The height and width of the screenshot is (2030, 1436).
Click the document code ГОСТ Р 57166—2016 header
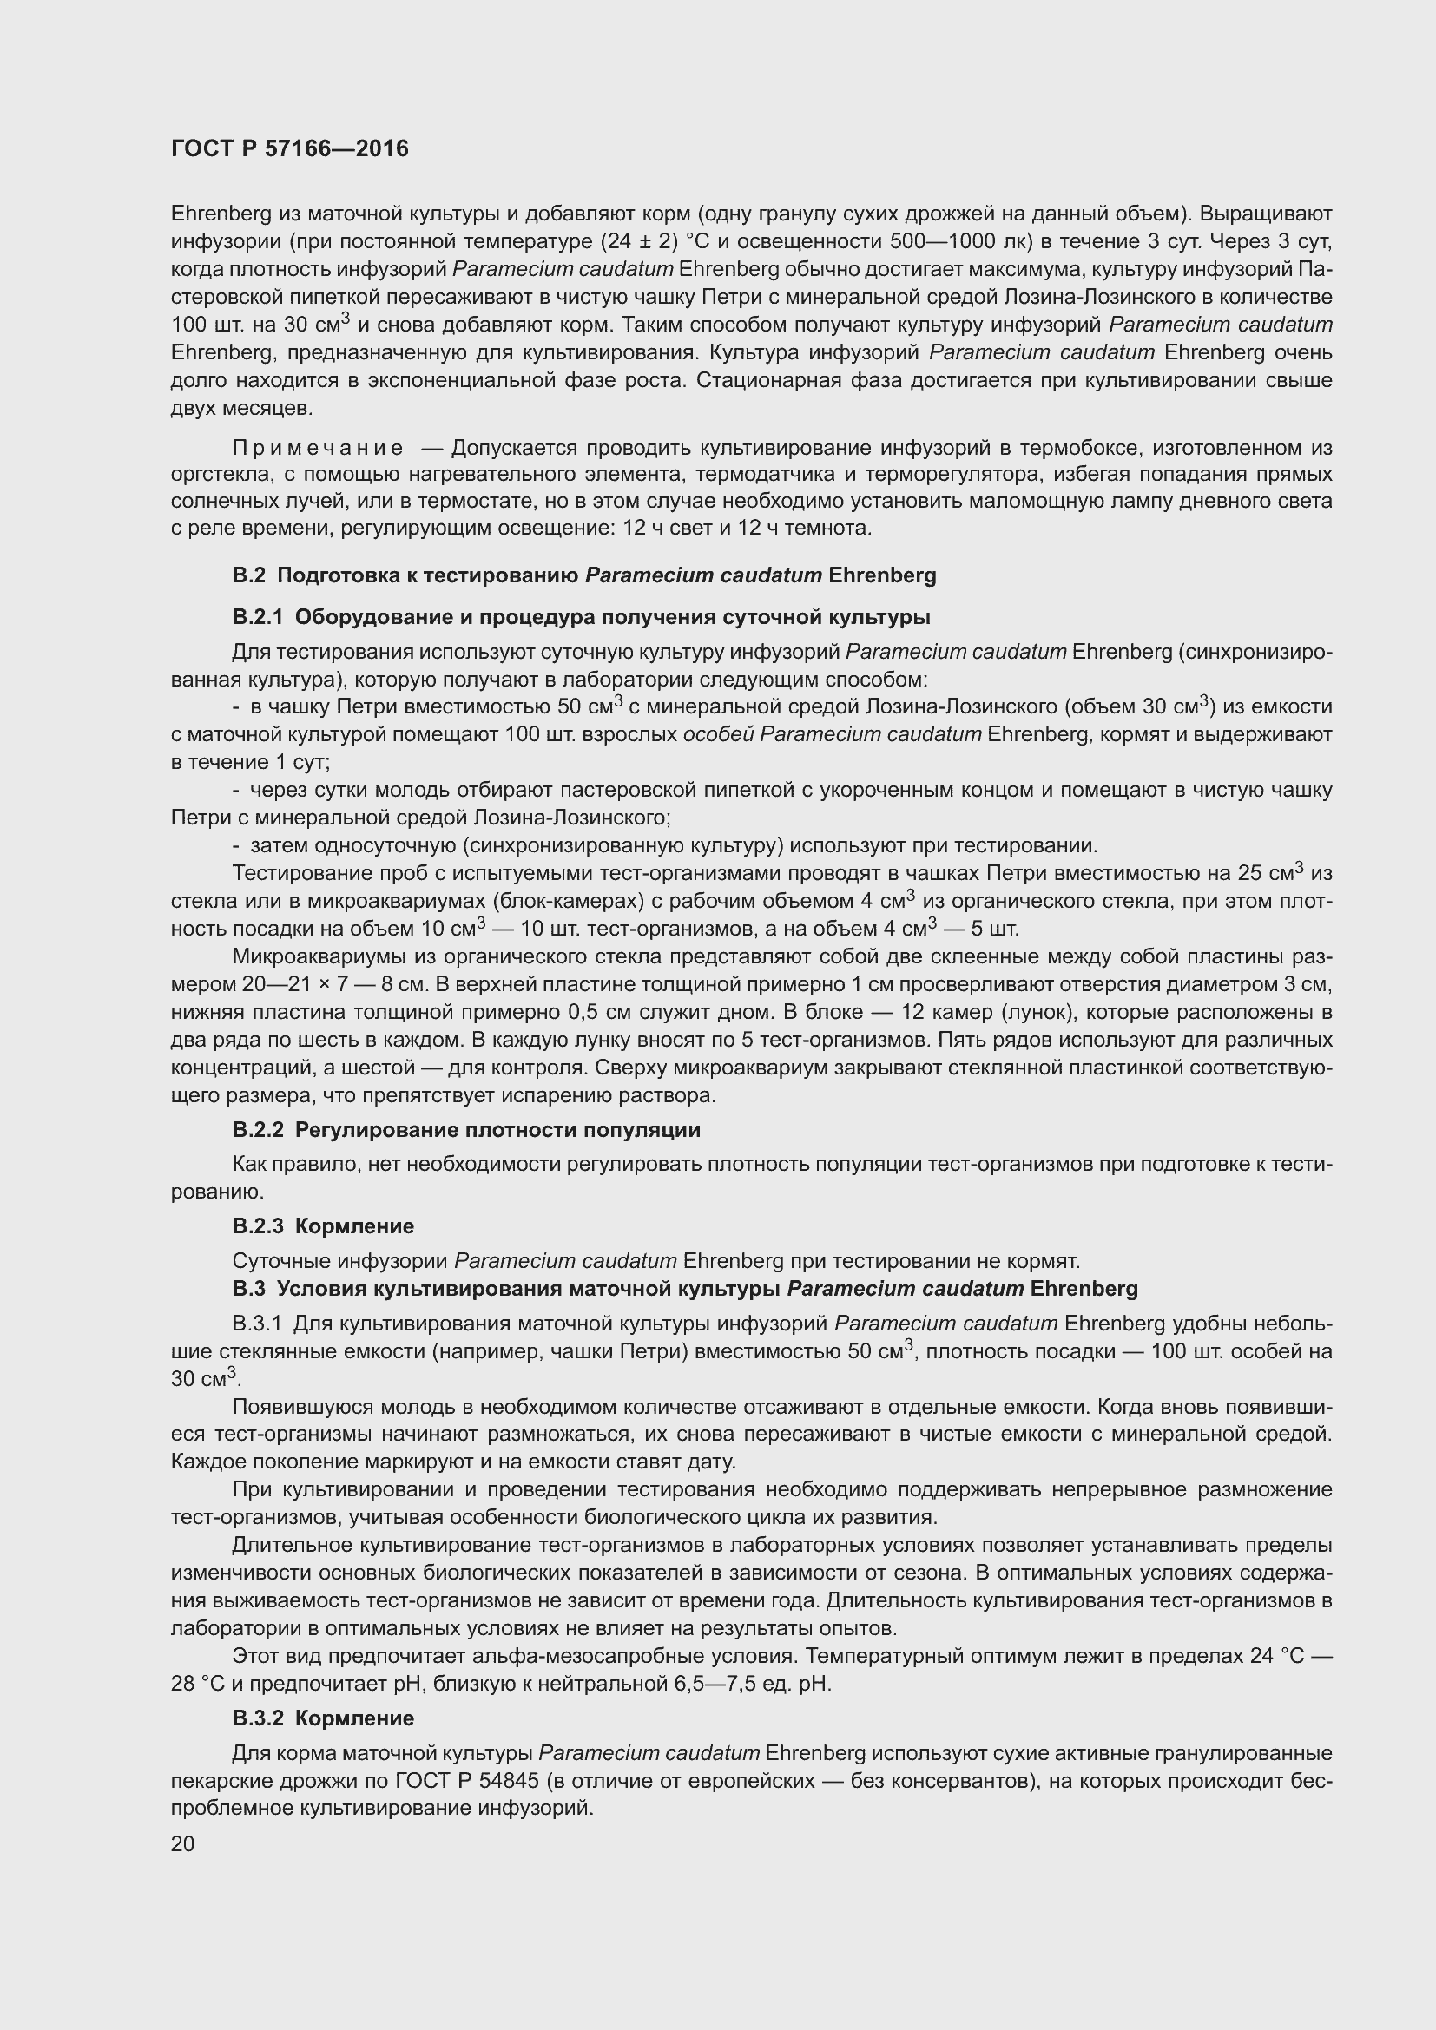pyautogui.click(x=289, y=148)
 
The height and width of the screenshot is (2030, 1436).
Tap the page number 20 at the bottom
pyautogui.click(x=182, y=1843)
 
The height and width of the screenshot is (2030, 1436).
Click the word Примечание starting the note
pyautogui.click(x=318, y=447)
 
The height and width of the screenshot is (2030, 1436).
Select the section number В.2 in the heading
pyautogui.click(x=248, y=575)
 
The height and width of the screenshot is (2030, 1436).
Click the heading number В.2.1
pyautogui.click(x=257, y=617)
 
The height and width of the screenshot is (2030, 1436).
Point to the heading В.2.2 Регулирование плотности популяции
pyautogui.click(x=466, y=1130)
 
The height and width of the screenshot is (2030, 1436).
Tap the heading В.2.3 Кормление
pyautogui.click(x=323, y=1226)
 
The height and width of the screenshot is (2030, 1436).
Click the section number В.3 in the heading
pyautogui.click(x=248, y=1288)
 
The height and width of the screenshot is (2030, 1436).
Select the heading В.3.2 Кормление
pyautogui.click(x=323, y=1718)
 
